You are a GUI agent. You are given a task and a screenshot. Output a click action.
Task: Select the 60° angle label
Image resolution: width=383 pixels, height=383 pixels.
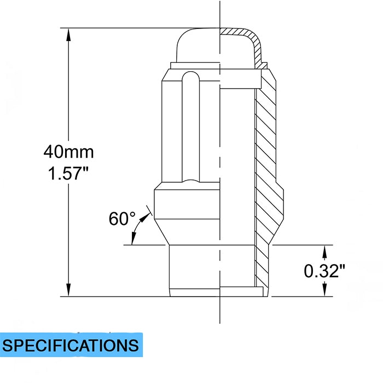[x=122, y=218]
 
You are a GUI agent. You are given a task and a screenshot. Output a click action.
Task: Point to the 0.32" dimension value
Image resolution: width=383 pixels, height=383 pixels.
[x=324, y=270]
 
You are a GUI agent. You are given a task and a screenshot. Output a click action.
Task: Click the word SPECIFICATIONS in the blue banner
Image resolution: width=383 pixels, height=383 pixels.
[x=71, y=345]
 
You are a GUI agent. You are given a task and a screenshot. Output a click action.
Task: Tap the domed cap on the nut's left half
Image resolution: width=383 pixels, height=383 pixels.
[x=197, y=47]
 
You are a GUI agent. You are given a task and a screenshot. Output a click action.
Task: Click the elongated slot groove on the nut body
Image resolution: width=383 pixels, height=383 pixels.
[x=190, y=126]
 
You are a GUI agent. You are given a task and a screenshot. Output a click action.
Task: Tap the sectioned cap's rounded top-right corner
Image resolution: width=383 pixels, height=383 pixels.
[x=253, y=37]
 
